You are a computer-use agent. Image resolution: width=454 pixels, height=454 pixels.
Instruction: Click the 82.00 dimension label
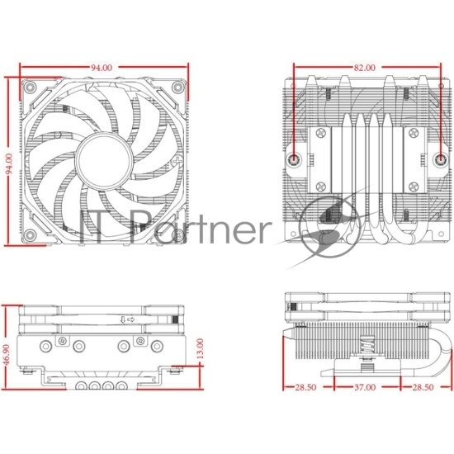point(365,68)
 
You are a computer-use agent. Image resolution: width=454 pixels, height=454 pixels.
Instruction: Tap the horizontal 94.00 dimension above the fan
point(102,68)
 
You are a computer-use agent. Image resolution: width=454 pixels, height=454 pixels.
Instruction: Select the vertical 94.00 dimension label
point(10,164)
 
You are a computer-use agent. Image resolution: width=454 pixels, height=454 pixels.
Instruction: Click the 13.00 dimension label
point(200,348)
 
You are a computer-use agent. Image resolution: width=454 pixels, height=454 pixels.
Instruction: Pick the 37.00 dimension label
point(365,387)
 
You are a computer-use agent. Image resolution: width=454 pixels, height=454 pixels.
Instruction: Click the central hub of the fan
point(104,161)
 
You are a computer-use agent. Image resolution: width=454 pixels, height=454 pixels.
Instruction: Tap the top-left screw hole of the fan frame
point(30,87)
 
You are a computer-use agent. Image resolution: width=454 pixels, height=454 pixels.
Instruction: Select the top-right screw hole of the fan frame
point(177,87)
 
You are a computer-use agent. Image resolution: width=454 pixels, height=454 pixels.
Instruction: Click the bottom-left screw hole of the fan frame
point(30,235)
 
